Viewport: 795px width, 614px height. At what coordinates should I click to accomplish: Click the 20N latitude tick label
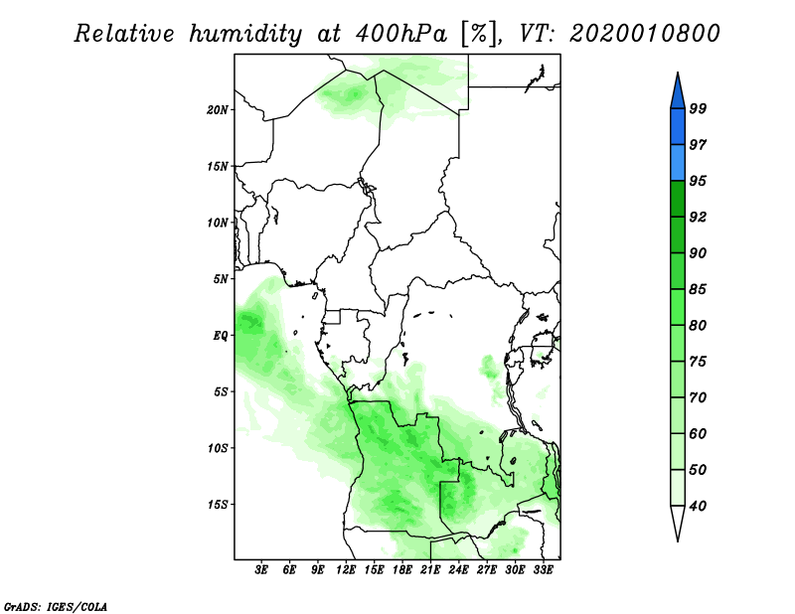coord(218,110)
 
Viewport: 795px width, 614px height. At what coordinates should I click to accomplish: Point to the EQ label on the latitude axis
coord(221,336)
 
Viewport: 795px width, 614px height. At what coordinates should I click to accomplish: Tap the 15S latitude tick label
coord(218,505)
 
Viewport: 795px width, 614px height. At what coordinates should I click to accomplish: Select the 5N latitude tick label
coord(221,279)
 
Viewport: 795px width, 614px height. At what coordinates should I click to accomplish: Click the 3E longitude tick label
coord(261,570)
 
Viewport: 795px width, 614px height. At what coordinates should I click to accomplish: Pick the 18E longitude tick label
coord(402,570)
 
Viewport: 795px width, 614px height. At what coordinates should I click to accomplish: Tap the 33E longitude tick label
coord(543,570)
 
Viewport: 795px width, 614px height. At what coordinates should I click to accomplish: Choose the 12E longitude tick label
coord(346,570)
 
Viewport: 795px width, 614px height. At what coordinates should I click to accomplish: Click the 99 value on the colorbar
coord(698,108)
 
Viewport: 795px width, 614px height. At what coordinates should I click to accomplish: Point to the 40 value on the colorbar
coord(698,506)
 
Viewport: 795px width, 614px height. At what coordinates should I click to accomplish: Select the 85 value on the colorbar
coord(698,289)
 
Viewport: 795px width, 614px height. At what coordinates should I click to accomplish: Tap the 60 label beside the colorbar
coord(698,434)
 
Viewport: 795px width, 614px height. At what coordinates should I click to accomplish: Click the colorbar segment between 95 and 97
coord(678,163)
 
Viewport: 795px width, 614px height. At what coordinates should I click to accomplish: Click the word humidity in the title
coord(245,34)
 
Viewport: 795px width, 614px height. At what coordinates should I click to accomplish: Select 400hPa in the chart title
coord(401,34)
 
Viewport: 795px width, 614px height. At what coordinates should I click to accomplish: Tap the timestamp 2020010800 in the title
coord(644,34)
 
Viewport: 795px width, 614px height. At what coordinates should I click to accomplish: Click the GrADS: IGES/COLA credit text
coord(56,606)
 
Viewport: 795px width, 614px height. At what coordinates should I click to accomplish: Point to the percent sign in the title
coord(478,34)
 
